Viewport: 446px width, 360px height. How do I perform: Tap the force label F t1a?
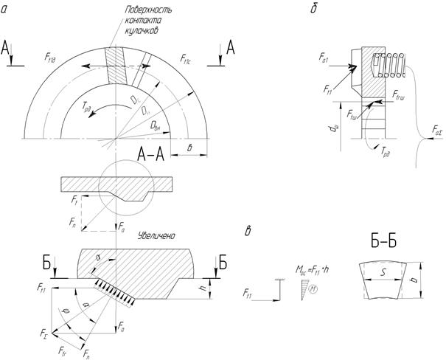coord(52,57)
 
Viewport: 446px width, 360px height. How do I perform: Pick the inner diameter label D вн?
coord(156,128)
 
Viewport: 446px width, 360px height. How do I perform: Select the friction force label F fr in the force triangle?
coord(65,347)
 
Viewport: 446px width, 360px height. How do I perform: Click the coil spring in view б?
coord(388,66)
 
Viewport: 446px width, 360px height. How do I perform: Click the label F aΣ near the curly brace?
coord(438,130)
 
